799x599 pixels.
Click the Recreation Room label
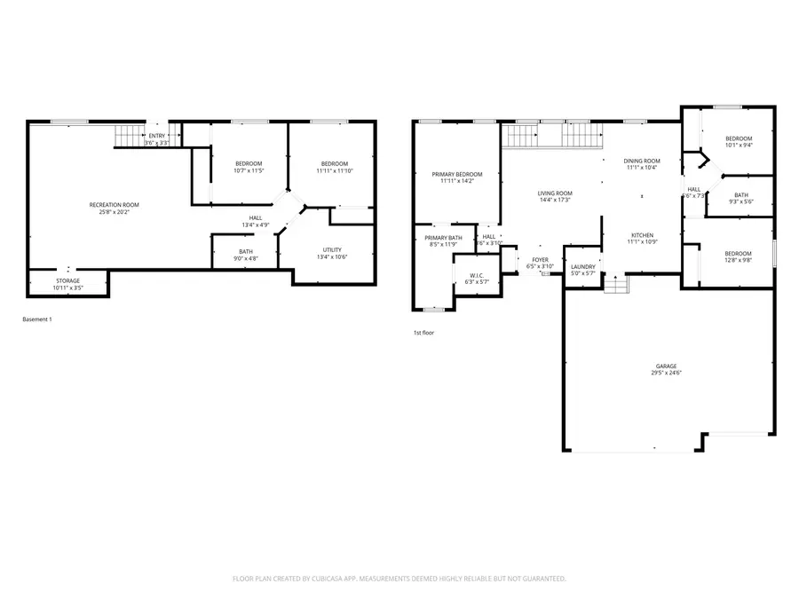114,205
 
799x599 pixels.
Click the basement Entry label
157,136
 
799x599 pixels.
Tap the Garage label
666,366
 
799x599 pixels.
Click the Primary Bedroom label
457,174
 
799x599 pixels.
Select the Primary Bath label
443,238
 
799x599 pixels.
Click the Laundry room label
582,266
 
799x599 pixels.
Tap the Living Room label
554,193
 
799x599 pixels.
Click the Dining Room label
641,161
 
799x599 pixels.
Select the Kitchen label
642,235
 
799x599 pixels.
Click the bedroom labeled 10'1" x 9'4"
739,138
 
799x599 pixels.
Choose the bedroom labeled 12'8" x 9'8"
738,253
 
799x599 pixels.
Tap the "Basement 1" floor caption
36,319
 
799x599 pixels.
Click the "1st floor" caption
423,333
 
